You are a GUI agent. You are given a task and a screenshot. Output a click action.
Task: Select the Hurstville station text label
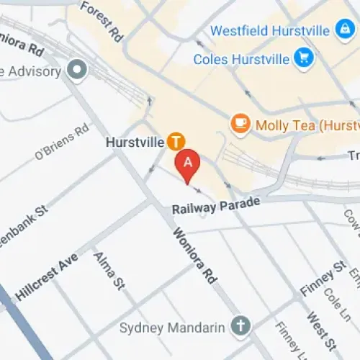point(135,142)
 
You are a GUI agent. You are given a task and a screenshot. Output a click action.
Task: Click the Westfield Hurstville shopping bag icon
point(343,30)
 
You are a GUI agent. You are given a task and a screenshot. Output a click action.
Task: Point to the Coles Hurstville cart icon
point(303,58)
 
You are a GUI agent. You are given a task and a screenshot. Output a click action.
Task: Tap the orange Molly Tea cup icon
point(239,124)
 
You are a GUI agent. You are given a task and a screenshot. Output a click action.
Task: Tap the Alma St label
point(109,271)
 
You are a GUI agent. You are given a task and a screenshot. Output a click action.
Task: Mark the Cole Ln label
point(334,302)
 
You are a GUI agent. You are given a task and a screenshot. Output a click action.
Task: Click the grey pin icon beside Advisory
point(76,70)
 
